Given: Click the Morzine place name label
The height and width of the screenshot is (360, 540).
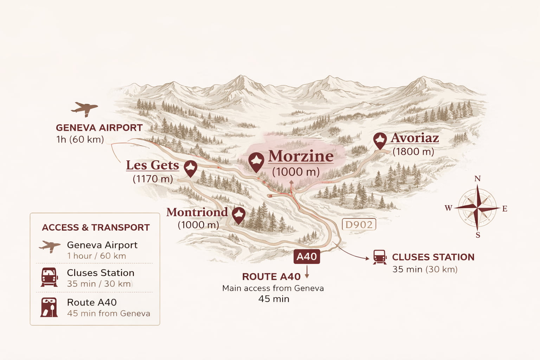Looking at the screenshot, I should click(x=301, y=156).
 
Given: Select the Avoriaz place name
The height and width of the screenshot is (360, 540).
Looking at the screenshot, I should click(x=415, y=138).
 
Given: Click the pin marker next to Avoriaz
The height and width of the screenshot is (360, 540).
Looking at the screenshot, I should click(x=380, y=140).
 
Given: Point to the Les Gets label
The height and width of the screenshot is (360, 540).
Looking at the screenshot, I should click(x=152, y=165).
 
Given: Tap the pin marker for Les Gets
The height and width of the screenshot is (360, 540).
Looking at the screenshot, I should click(x=190, y=168).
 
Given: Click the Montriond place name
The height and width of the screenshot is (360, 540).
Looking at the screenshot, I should click(x=197, y=212).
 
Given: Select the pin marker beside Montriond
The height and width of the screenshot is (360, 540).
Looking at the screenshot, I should click(x=238, y=214).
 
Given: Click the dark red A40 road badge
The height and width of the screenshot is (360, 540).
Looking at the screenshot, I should click(x=307, y=257).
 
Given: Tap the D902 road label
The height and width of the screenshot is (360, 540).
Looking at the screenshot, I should click(x=359, y=225).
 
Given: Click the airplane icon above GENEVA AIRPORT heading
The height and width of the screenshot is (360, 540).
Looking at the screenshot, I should click(x=84, y=109).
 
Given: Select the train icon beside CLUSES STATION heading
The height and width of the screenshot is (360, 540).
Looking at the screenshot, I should click(x=380, y=257).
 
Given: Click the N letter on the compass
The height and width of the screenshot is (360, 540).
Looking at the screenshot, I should click(x=477, y=179).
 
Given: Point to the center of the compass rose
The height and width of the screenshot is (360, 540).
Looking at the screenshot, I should click(x=477, y=208).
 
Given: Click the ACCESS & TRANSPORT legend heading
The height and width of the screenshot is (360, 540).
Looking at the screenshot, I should click(x=96, y=227).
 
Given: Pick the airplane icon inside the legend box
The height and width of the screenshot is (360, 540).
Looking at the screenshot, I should click(x=50, y=246).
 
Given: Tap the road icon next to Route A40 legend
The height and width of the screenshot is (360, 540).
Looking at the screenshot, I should click(x=49, y=308).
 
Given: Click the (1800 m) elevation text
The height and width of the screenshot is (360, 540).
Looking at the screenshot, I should click(x=413, y=152).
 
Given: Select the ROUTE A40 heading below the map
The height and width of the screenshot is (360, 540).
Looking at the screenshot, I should click(x=271, y=277).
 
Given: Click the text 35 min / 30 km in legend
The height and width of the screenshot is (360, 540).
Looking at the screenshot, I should click(x=99, y=284).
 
